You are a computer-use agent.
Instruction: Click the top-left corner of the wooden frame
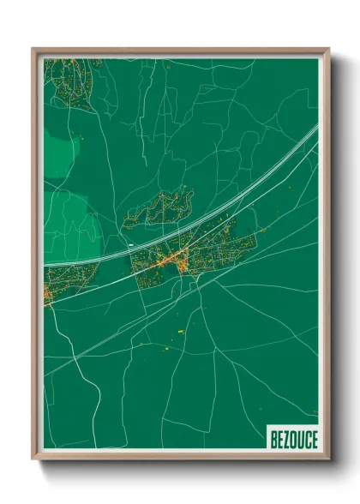pyautogui.click(x=33, y=49)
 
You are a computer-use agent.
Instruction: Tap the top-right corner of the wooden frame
pyautogui.click(x=328, y=49)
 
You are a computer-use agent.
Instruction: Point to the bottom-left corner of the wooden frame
pyautogui.click(x=33, y=460)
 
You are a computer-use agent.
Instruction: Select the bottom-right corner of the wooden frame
pyautogui.click(x=328, y=460)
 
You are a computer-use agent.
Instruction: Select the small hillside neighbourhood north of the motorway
pyautogui.click(x=159, y=210)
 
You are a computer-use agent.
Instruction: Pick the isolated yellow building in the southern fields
pyautogui.click(x=180, y=331)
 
